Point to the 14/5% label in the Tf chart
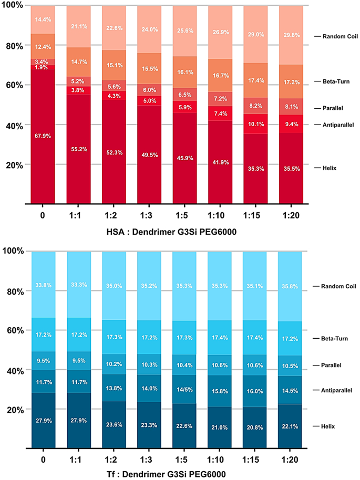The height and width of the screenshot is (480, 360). [x=184, y=390]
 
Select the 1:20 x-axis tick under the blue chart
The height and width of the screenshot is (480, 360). [x=291, y=460]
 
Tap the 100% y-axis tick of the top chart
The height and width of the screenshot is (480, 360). [x=13, y=5]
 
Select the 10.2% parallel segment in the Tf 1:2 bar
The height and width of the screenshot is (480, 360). [x=114, y=364]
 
